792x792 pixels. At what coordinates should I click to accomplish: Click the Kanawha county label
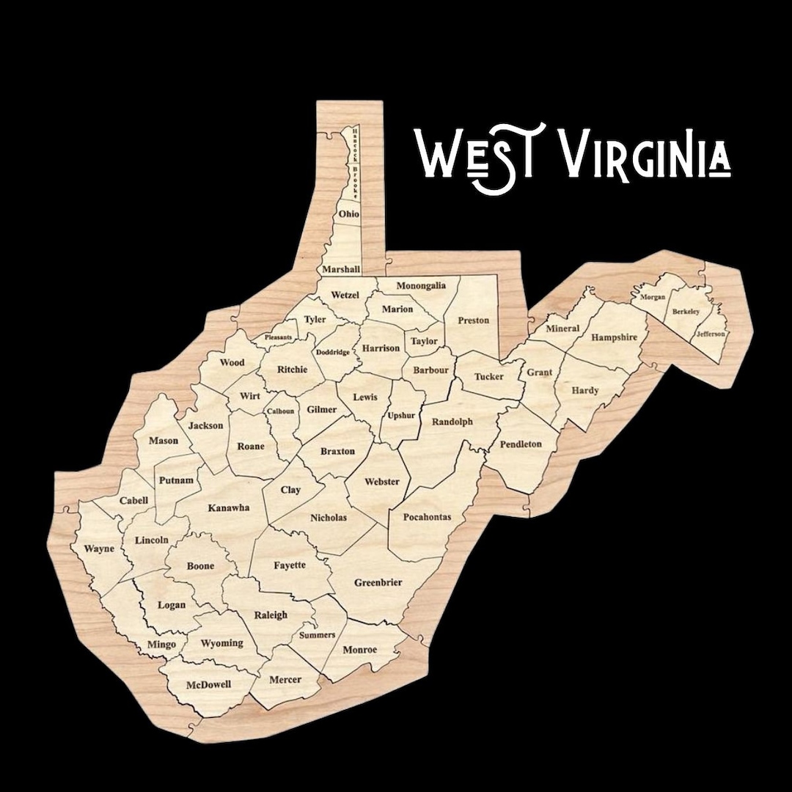pos(229,507)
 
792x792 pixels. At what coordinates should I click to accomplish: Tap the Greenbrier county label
pos(378,583)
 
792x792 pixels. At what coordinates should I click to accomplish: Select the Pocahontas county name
pos(428,517)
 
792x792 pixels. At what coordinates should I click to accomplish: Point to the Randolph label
pos(452,422)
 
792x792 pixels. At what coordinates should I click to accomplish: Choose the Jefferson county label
pos(711,334)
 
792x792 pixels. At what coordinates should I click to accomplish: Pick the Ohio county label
pos(348,213)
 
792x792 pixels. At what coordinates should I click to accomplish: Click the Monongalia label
pos(421,285)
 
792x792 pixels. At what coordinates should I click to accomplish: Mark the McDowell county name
pos(208,684)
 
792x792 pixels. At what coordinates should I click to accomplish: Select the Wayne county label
pos(99,549)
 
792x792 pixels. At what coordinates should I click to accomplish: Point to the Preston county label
pos(473,320)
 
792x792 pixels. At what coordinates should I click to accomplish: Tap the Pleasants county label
pos(279,337)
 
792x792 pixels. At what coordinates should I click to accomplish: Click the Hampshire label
pos(620,338)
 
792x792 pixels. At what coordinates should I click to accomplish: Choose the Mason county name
pos(164,441)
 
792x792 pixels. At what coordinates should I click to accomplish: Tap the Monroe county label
pos(360,650)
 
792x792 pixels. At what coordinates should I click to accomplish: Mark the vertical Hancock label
pos(354,144)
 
